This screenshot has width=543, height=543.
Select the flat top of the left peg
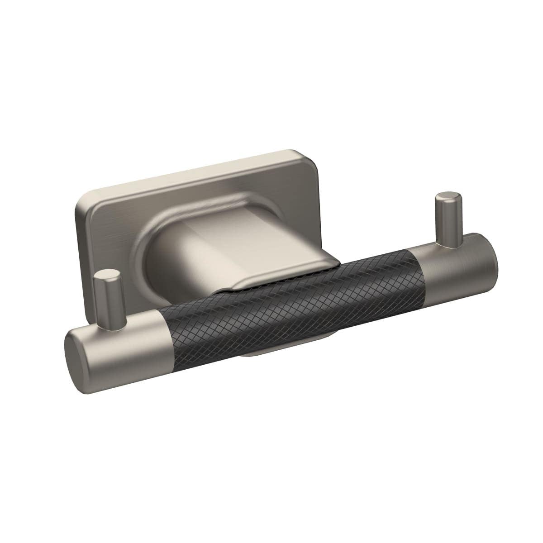click(105, 275)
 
